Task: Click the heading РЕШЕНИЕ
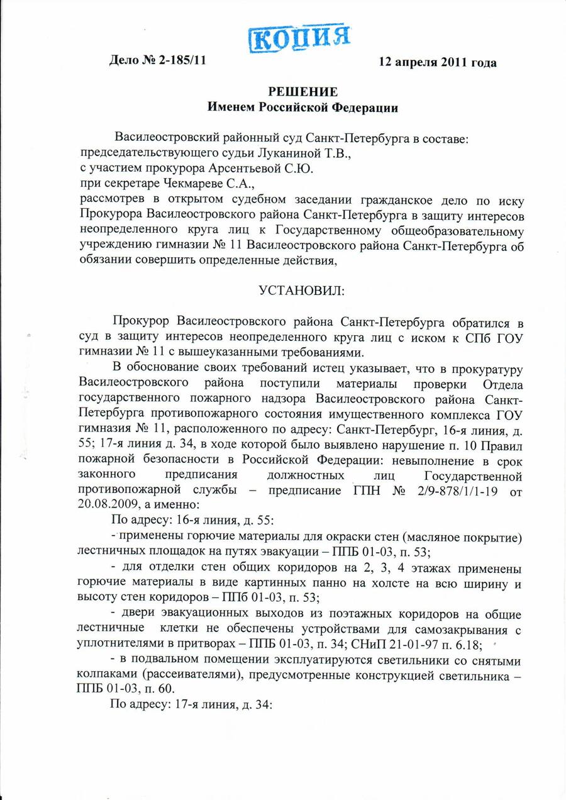303,92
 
